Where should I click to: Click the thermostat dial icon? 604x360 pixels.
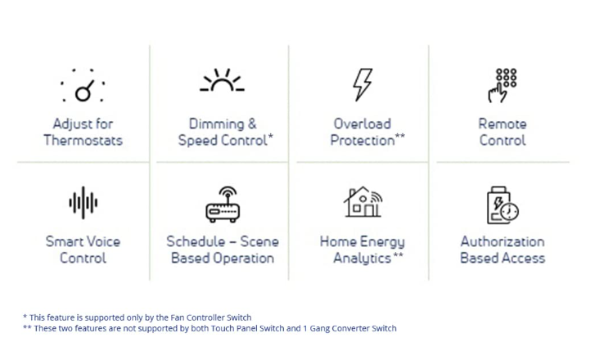83,91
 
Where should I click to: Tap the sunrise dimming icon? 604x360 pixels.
222,80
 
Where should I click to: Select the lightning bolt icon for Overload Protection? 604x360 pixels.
363,85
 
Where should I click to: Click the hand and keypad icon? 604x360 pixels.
503,85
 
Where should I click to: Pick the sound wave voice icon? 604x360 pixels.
83,203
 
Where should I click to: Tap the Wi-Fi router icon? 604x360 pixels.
223,204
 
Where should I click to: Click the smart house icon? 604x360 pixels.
363,202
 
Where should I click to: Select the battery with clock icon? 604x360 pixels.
503,205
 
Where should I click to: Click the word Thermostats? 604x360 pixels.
83,140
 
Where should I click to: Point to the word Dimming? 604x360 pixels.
217,124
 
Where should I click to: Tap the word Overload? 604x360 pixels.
362,124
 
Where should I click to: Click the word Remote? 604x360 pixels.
503,124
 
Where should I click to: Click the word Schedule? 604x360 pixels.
195,241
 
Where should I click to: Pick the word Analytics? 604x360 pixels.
362,258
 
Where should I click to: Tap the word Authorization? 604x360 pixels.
503,241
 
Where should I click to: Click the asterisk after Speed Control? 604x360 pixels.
270,137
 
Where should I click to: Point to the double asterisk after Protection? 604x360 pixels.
400,137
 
